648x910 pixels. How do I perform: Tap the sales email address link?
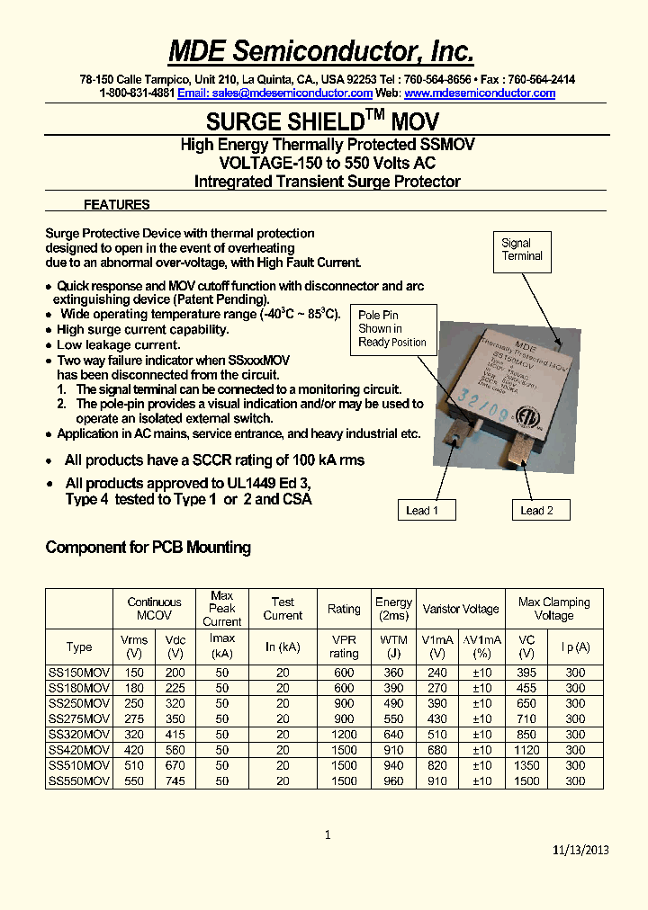click(x=274, y=94)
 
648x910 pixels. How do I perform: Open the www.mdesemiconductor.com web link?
click(x=480, y=94)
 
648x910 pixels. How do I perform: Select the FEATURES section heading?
click(x=116, y=205)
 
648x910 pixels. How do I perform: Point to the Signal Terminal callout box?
click(x=522, y=250)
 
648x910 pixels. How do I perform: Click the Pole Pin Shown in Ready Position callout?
click(x=392, y=329)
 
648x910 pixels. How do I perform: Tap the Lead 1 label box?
click(x=422, y=511)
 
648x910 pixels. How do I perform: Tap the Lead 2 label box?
click(x=536, y=511)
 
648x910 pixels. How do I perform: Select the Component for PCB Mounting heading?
click(x=148, y=548)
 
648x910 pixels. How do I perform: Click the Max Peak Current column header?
click(x=222, y=609)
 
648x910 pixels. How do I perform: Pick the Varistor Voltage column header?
click(x=461, y=609)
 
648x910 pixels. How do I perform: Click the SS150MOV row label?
click(x=79, y=674)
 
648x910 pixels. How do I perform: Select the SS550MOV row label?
click(x=79, y=781)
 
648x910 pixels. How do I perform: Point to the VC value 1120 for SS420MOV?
click(x=526, y=750)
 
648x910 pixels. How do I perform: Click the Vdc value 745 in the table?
click(x=175, y=781)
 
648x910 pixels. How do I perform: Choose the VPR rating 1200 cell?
click(x=344, y=735)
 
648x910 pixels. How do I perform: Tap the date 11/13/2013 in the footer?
click(x=580, y=851)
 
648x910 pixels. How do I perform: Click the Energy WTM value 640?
click(x=393, y=735)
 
